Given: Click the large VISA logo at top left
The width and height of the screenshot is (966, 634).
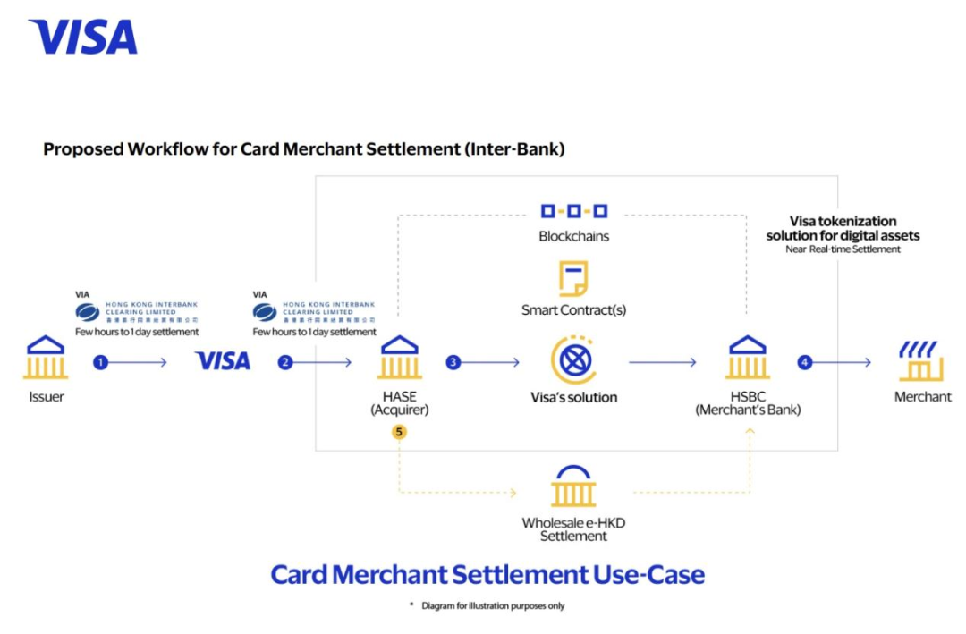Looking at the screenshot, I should tap(82, 37).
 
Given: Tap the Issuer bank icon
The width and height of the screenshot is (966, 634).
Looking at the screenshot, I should tap(46, 358).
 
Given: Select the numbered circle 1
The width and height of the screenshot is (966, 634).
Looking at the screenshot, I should tap(101, 362).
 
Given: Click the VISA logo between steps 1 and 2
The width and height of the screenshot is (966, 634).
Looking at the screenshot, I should tap(223, 361).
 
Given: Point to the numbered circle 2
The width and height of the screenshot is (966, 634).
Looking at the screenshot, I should tap(285, 362).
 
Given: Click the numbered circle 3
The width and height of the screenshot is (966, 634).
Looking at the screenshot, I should tap(453, 362).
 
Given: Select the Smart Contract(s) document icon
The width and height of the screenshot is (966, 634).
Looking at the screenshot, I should tap(573, 278).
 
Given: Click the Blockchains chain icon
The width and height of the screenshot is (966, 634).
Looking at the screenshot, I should tap(573, 211).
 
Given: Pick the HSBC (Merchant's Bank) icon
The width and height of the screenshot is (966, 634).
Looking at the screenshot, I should tap(748, 358).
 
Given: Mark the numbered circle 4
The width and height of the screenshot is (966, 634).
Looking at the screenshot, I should tap(805, 362).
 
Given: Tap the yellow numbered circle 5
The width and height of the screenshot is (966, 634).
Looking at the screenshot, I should tap(399, 431).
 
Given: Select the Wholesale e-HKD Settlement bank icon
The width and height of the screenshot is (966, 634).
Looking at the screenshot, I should tap(573, 486).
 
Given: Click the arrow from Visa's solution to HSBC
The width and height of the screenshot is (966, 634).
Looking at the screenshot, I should tap(662, 362).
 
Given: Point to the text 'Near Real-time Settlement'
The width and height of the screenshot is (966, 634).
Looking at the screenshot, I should tap(843, 249).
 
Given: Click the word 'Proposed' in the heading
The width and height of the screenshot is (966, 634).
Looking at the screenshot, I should tap(80, 149).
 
